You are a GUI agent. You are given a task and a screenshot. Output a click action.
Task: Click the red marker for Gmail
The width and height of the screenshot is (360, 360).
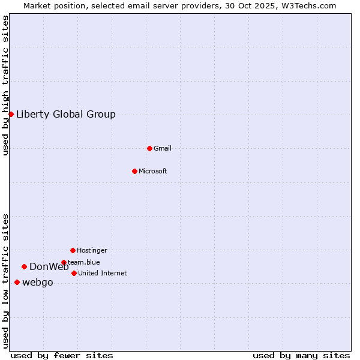pyautogui.click(x=149, y=148)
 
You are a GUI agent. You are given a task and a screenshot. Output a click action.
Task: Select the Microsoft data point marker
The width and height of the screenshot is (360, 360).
pyautogui.click(x=134, y=171)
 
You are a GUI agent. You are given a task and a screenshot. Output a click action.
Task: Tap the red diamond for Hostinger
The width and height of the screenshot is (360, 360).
pyautogui.click(x=73, y=250)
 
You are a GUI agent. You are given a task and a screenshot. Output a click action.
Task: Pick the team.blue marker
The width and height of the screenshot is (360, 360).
pyautogui.click(x=64, y=262)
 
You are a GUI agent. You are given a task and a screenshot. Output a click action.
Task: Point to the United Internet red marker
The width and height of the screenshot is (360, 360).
pyautogui.click(x=74, y=273)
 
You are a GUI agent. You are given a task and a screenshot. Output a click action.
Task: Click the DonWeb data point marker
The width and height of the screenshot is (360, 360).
pyautogui.click(x=24, y=266)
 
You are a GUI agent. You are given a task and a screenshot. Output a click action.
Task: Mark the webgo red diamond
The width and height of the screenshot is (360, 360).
pyautogui.click(x=17, y=282)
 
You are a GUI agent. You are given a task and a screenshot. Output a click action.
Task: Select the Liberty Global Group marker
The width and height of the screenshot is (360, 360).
pyautogui.click(x=11, y=114)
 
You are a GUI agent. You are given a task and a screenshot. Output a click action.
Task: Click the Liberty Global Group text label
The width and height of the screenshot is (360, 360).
pyautogui.click(x=65, y=115)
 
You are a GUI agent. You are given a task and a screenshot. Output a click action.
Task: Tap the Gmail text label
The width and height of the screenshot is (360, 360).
pyautogui.click(x=162, y=148)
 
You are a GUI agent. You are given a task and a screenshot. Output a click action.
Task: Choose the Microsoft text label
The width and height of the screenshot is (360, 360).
pyautogui.click(x=152, y=171)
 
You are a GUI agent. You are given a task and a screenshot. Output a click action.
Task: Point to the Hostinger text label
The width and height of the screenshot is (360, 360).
pyautogui.click(x=92, y=250)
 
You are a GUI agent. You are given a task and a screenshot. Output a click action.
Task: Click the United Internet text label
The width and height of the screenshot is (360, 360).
pyautogui.click(x=102, y=273)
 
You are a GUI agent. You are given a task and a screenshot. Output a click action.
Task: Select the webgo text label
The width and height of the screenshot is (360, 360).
pyautogui.click(x=37, y=283)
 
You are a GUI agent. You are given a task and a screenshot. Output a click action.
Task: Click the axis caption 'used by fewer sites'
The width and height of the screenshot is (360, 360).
pyautogui.click(x=62, y=355)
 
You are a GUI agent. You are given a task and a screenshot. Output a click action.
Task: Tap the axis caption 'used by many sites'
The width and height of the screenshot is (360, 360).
pyautogui.click(x=301, y=355)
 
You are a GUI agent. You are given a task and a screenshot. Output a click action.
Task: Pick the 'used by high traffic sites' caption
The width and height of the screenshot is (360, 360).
pyautogui.click(x=5, y=85)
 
